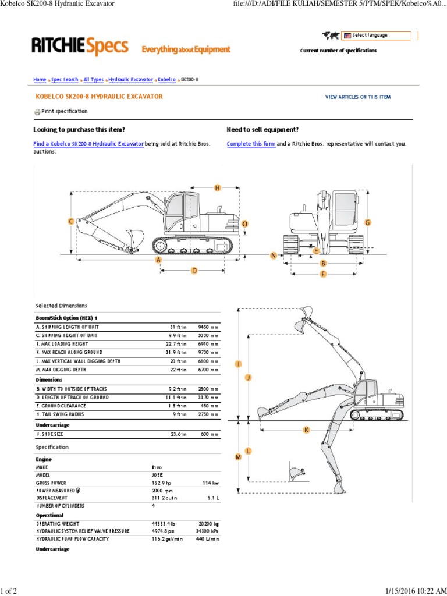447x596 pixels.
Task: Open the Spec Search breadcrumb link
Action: pos(65,80)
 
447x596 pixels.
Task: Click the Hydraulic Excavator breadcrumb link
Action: pos(131,80)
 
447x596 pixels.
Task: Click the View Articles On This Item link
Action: pos(358,97)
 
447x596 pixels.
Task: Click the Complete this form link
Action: pos(251,144)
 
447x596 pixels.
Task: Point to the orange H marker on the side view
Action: pos(218,188)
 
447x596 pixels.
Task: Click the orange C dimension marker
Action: pos(71,222)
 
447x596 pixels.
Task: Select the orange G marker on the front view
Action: pos(367,222)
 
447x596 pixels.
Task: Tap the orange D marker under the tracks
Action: pos(194,270)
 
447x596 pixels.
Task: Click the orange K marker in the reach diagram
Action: pos(307,430)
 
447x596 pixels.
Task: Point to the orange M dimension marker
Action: pos(237,457)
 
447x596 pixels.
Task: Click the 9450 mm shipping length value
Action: pos(208,327)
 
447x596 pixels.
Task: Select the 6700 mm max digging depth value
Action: pos(208,370)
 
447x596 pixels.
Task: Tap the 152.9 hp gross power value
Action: pos(162,483)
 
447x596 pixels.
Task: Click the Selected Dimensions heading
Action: pos(61,306)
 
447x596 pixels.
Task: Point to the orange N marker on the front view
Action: pos(273,256)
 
